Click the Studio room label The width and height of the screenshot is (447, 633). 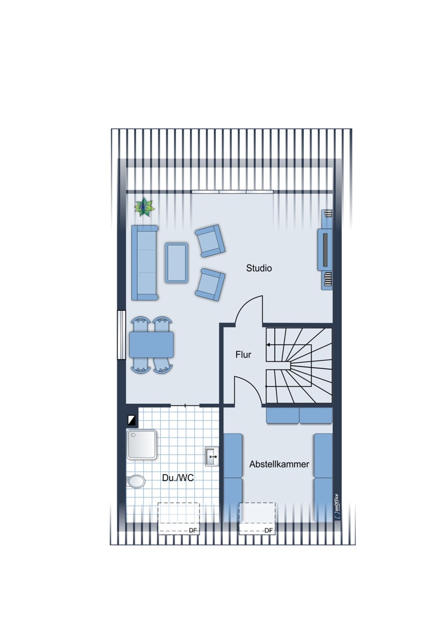pyautogui.click(x=259, y=268)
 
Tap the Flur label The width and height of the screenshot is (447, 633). pyautogui.click(x=243, y=355)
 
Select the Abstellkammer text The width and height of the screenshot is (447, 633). pyautogui.click(x=279, y=464)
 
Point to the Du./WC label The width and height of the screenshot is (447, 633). pyautogui.click(x=178, y=478)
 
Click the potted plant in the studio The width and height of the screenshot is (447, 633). pyautogui.click(x=145, y=206)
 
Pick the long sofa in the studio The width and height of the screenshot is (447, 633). pyautogui.click(x=144, y=262)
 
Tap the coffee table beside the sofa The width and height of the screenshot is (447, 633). pyautogui.click(x=177, y=262)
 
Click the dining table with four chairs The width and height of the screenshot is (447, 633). pyautogui.click(x=151, y=345)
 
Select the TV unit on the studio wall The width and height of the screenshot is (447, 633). pyautogui.click(x=325, y=249)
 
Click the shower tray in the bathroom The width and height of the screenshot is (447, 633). pyautogui.click(x=142, y=446)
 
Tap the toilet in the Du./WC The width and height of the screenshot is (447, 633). pyautogui.click(x=135, y=482)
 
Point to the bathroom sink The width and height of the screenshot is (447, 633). pyautogui.click(x=211, y=454)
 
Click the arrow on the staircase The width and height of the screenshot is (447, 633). pyautogui.click(x=269, y=345)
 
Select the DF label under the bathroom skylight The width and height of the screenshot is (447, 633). pyautogui.click(x=193, y=530)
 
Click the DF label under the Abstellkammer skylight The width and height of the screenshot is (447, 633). pyautogui.click(x=268, y=530)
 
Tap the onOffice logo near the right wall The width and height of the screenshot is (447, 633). pyautogui.click(x=336, y=506)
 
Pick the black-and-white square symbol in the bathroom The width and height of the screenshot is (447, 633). pyautogui.click(x=132, y=419)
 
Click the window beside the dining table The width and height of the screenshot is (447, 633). pyautogui.click(x=121, y=335)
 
